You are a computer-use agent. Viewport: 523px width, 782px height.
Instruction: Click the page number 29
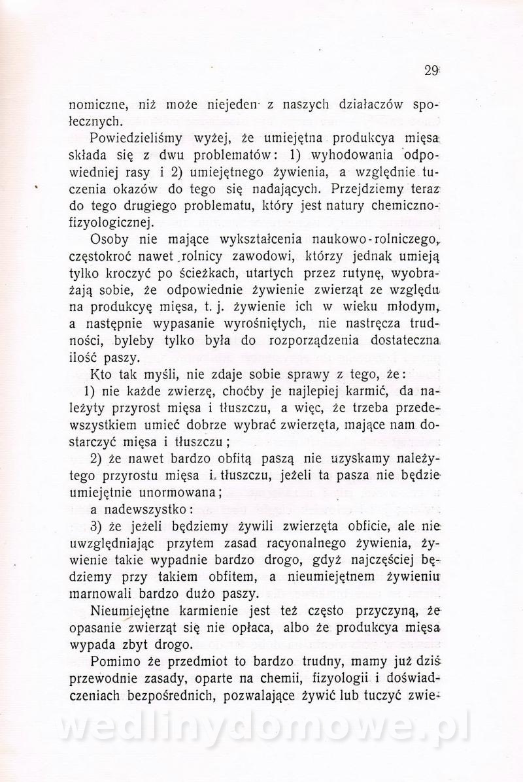430,71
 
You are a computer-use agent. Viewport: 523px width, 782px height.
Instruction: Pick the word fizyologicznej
110,222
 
